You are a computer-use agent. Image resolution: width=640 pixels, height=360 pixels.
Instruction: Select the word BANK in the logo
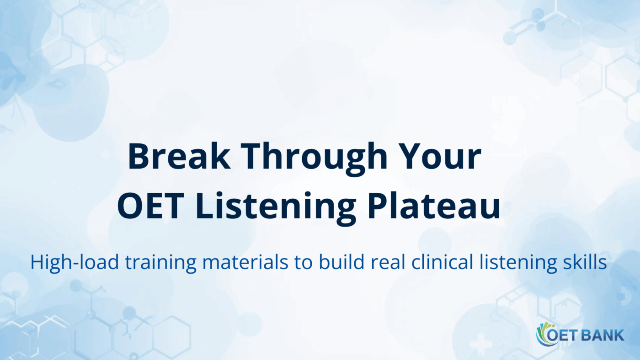click(x=603, y=335)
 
